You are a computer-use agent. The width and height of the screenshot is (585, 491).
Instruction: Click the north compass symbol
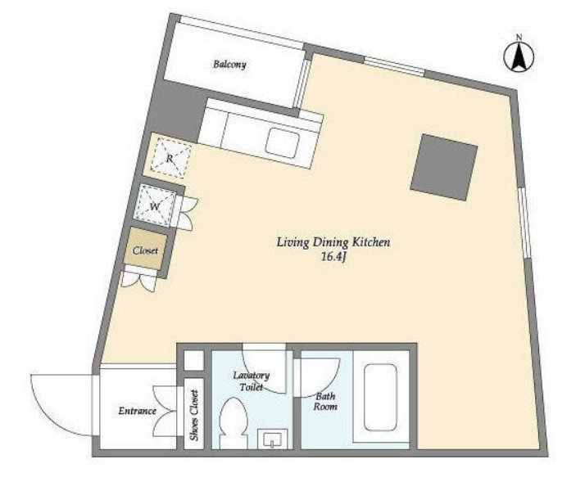pyautogui.click(x=519, y=55)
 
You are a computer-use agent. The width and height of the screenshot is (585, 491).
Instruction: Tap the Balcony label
pyautogui.click(x=229, y=65)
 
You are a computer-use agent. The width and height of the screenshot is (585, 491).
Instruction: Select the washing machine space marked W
pyautogui.click(x=155, y=207)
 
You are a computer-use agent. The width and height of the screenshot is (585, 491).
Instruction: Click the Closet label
pyautogui.click(x=146, y=250)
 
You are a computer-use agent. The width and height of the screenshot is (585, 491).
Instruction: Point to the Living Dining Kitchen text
pyautogui.click(x=333, y=242)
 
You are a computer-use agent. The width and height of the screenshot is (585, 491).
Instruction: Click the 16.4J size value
pyautogui.click(x=334, y=257)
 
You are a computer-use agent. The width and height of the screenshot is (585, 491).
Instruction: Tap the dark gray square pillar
pyautogui.click(x=444, y=167)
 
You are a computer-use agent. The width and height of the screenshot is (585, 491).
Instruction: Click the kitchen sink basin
pyautogui.click(x=283, y=143)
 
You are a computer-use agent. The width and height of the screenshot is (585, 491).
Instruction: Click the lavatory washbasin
pyautogui.click(x=273, y=439)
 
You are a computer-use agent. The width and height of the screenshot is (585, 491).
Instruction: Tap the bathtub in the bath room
pyautogui.click(x=380, y=397)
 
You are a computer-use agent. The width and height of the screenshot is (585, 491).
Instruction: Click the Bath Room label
pyautogui.click(x=325, y=401)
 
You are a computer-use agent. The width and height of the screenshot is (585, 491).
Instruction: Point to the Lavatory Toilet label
pyautogui.click(x=251, y=381)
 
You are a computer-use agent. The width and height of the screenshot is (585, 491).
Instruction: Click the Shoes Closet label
pyautogui.click(x=194, y=415)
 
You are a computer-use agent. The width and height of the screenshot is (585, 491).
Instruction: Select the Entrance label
pyautogui.click(x=138, y=411)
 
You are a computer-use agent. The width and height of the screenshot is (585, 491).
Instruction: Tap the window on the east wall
pyautogui.click(x=525, y=223)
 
